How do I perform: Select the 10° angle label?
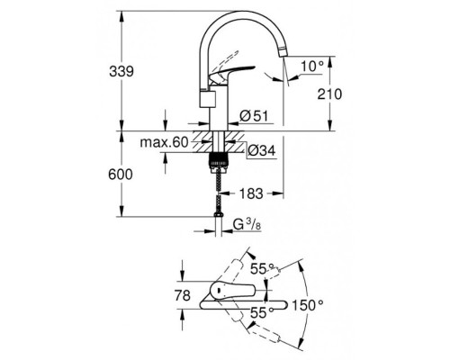[310, 67]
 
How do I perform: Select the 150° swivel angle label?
[307, 306]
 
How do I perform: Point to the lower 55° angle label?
[261, 311]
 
